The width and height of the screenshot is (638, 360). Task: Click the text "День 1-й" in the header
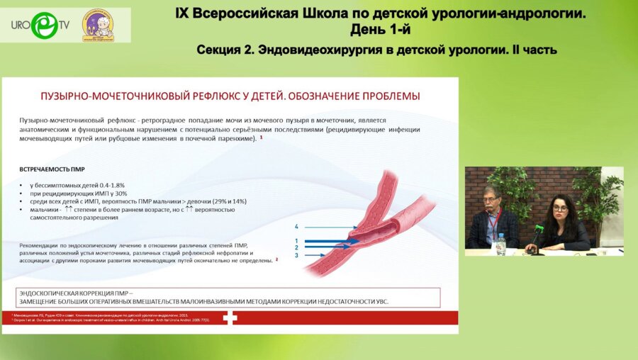(380, 29)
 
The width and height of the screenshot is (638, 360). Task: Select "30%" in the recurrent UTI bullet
(120, 193)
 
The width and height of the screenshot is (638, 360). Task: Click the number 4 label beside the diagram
(297, 227)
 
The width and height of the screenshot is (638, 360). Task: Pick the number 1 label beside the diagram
(297, 241)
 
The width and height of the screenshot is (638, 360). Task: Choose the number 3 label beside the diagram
(297, 255)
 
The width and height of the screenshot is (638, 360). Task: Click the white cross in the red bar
(230, 318)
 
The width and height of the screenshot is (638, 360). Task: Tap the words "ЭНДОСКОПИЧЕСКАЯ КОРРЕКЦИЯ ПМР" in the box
(82, 292)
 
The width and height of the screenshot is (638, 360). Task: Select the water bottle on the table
(501, 244)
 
